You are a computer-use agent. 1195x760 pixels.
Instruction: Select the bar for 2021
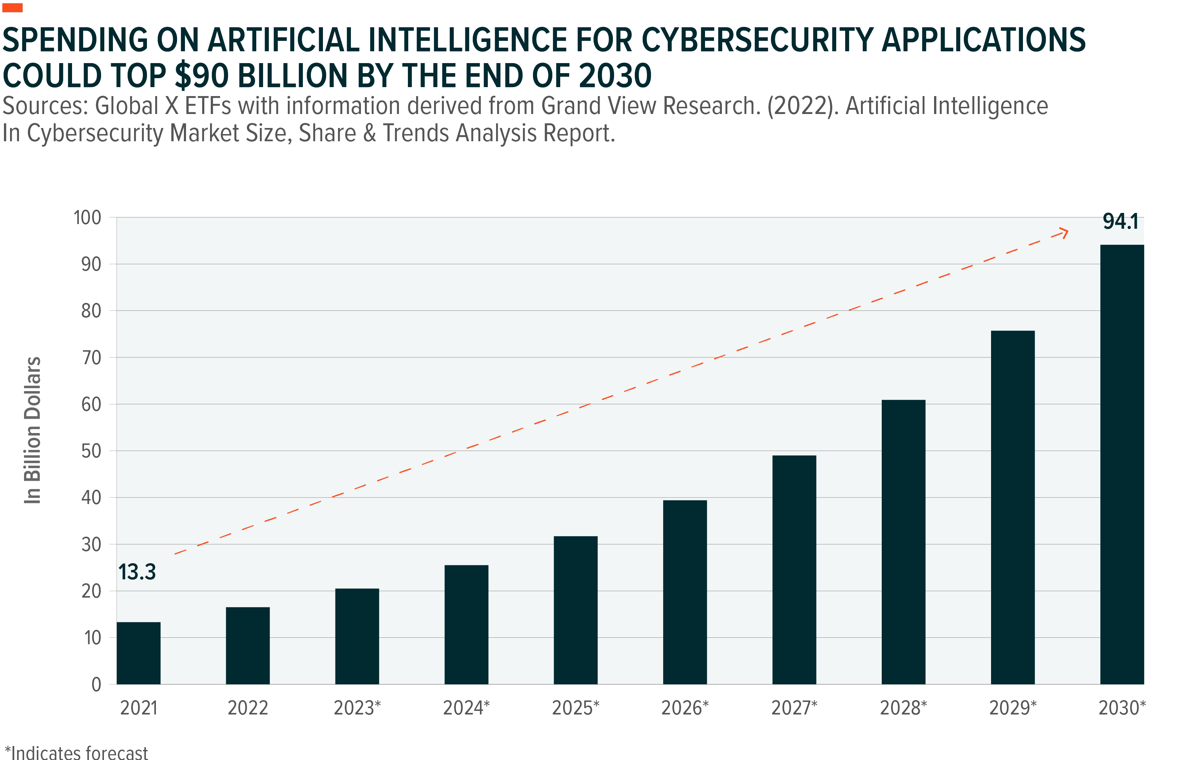138,653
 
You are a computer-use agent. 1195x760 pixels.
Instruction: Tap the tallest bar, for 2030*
1122,464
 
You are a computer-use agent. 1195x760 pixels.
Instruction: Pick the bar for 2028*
903,542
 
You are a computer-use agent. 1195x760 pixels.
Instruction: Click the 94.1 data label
1120,222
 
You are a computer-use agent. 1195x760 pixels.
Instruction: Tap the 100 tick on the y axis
87,218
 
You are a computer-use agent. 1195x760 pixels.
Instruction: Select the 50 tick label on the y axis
91,451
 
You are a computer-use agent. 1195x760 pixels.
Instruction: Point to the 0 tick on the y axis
96,685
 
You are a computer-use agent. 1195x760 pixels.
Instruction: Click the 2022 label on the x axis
248,707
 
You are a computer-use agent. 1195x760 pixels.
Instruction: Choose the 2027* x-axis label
794,707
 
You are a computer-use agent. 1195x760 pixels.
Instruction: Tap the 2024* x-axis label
466,707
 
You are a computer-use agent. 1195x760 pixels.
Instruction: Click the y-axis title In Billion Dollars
32,430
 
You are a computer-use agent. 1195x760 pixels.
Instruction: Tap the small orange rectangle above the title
12,8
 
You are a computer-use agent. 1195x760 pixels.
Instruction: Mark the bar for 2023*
357,636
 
